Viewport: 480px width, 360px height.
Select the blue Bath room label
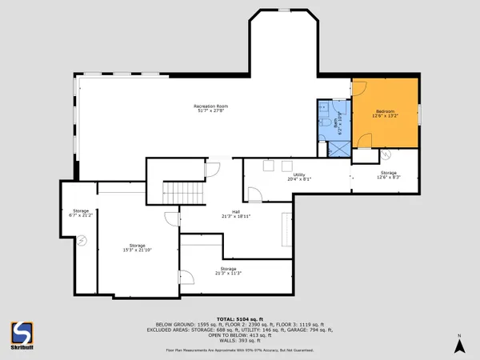pyautogui.click(x=340, y=121)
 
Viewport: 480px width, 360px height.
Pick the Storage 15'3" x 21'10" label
pyautogui.click(x=137, y=248)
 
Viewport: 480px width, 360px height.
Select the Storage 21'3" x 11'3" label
pyautogui.click(x=229, y=271)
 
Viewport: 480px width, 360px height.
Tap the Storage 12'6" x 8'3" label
pyautogui.click(x=389, y=175)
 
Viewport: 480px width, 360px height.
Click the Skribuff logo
pyautogui.click(x=22, y=334)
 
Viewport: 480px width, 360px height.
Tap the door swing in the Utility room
pyautogui.click(x=254, y=194)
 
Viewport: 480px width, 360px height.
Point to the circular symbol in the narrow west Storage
pyautogui.click(x=82, y=239)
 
